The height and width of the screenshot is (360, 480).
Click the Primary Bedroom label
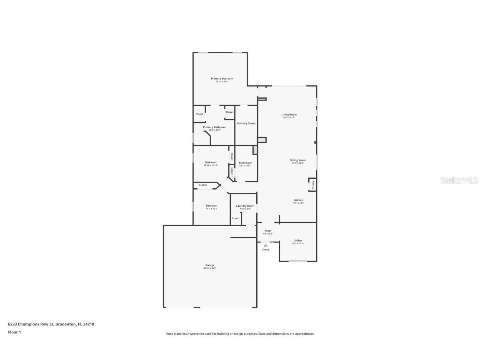point(222,79)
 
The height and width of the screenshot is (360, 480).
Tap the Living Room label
point(289,115)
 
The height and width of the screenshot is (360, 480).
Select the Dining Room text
point(298,160)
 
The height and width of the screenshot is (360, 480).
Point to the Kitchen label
point(298,200)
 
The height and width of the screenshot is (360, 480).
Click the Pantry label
point(312,184)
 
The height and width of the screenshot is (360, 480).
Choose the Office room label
point(298,240)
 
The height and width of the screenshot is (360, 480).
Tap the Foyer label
point(268,231)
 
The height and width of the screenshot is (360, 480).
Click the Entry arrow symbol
point(265,245)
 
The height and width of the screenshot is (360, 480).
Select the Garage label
point(210,265)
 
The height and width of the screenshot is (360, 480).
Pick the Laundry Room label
point(245,206)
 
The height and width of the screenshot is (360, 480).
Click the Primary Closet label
point(246,123)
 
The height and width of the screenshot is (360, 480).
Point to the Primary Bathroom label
point(215,127)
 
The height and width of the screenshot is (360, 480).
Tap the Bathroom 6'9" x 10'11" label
point(245,163)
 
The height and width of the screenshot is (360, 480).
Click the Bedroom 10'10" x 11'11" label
point(210,162)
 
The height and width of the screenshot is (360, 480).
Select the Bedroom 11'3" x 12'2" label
point(211,206)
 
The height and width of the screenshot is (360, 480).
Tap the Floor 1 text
point(14,332)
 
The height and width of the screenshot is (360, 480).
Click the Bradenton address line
point(51,324)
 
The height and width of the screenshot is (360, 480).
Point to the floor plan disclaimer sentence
point(240,334)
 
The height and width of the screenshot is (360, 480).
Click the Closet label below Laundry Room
point(236,218)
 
